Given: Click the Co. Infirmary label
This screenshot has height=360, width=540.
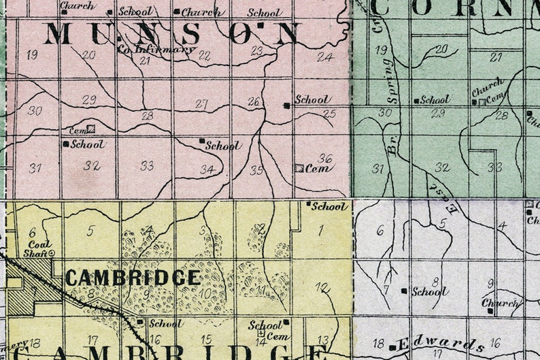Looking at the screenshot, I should coord(156,49).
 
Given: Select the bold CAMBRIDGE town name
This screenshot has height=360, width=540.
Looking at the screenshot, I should coord(133,278).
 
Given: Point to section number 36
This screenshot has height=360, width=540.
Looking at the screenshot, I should coord(326,158).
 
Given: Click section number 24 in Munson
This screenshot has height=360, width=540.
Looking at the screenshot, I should coord(325,56).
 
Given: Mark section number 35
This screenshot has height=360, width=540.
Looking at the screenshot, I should coord(256,170).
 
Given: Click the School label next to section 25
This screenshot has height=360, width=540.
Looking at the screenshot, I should coord(313,100).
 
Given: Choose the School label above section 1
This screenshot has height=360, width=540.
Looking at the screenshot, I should coord(330,206).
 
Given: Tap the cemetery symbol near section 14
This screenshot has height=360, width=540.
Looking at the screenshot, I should coord(260,334).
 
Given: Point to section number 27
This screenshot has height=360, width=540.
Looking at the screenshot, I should coord(201,104).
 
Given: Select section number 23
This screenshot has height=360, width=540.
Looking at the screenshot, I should coord(256,50).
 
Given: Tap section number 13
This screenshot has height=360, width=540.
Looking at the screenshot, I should coord(323,340).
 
